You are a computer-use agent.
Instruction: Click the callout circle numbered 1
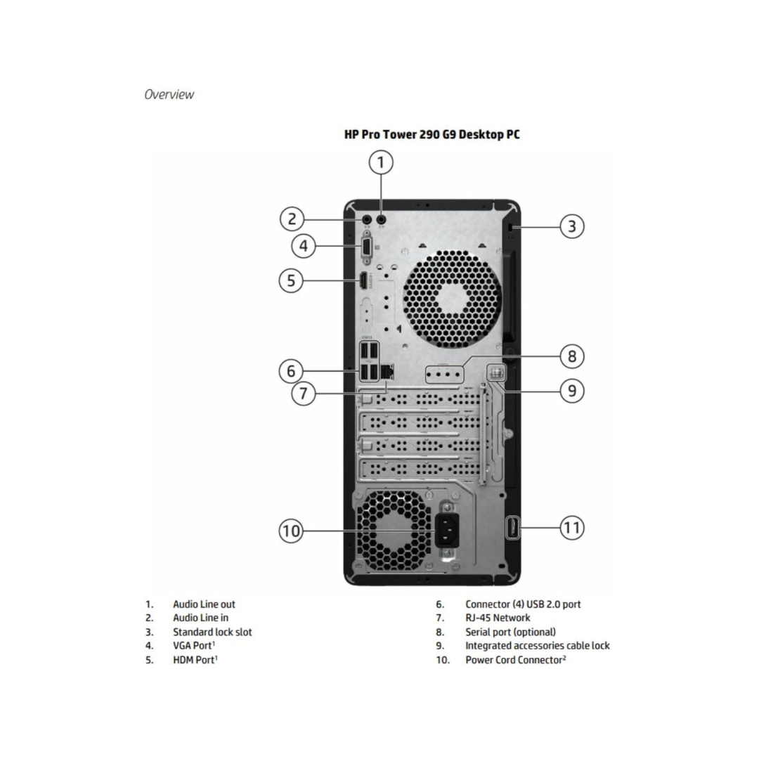click(382, 163)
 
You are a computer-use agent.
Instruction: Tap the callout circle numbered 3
click(571, 226)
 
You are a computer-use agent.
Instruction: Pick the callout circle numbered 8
click(571, 356)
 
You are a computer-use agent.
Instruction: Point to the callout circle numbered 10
click(291, 531)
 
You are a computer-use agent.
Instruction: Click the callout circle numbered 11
click(571, 527)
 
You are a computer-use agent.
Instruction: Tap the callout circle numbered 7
click(303, 393)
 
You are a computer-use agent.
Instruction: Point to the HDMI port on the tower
click(363, 281)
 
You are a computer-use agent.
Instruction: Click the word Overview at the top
click(169, 94)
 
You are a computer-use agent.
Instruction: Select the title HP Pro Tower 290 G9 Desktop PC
click(432, 134)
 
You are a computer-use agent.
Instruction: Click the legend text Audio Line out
click(204, 604)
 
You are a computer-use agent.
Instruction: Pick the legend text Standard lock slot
click(212, 632)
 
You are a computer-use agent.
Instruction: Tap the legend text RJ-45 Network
click(498, 618)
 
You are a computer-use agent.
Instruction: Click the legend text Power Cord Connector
click(514, 660)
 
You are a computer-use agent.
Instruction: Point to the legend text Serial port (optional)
click(510, 632)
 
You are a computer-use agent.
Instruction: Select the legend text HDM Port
click(194, 660)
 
